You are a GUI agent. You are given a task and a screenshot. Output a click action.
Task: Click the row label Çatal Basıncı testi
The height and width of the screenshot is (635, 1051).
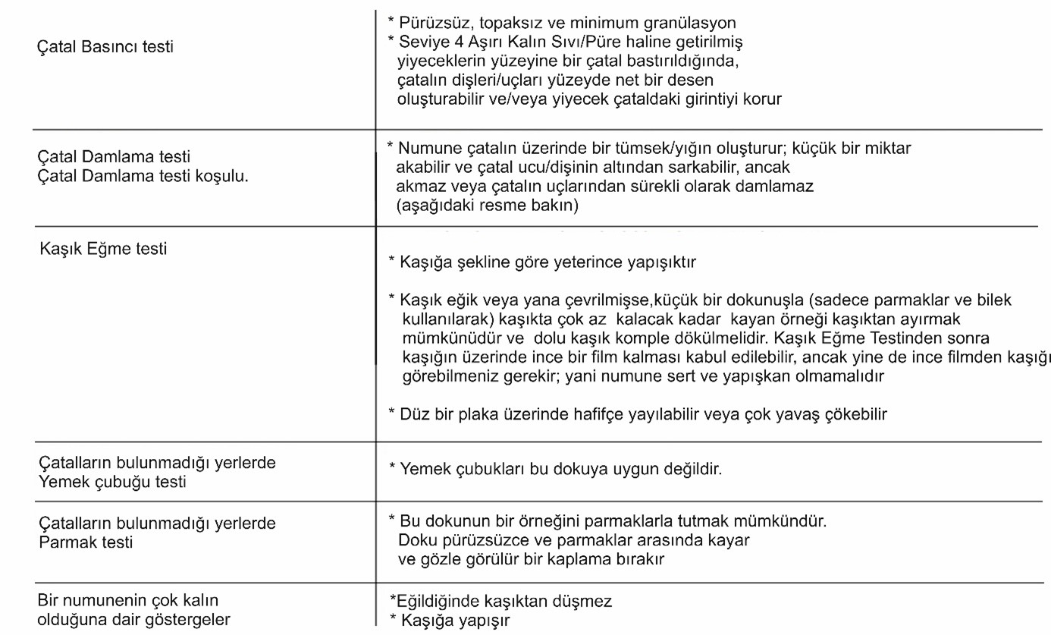pos(105,47)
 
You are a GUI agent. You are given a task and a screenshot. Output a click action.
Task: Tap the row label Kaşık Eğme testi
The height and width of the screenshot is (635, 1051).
pos(103,248)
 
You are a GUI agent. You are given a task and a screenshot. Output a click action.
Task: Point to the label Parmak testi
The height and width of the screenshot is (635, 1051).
pos(86,542)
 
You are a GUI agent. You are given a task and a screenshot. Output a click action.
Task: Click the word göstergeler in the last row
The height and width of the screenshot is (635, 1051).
pos(184,620)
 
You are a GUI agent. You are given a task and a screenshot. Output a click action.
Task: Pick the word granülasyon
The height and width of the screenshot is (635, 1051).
pos(692,24)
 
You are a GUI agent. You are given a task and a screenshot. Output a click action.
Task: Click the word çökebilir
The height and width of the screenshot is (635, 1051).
pos(851,414)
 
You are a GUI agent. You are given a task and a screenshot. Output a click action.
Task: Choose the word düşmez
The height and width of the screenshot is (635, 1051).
pos(585,602)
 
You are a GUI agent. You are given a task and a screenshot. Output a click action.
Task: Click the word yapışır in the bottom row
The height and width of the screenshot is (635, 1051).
pos(485,621)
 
